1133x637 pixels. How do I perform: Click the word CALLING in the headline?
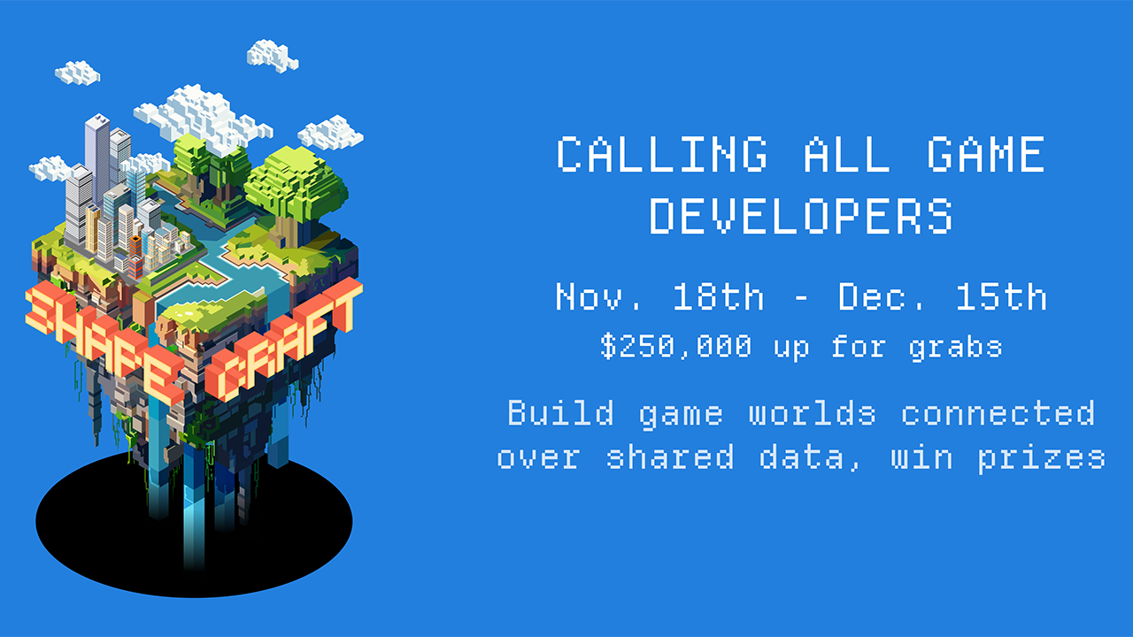[x=662, y=154]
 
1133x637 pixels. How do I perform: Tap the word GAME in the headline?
[x=986, y=154]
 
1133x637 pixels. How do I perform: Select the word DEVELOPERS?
[x=801, y=216]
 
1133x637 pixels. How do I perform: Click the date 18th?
[x=718, y=296]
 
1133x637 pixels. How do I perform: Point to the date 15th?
[x=1001, y=296]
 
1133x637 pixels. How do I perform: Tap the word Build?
[x=561, y=412]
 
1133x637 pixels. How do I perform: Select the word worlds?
[x=813, y=412]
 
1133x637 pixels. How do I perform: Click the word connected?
[x=998, y=412]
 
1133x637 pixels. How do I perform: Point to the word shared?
[x=670, y=457]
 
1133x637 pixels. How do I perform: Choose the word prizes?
[x=1042, y=459]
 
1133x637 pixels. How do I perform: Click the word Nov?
[x=598, y=296]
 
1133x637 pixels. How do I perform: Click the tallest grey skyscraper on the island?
[x=97, y=157]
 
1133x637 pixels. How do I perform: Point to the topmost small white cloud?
[x=272, y=56]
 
